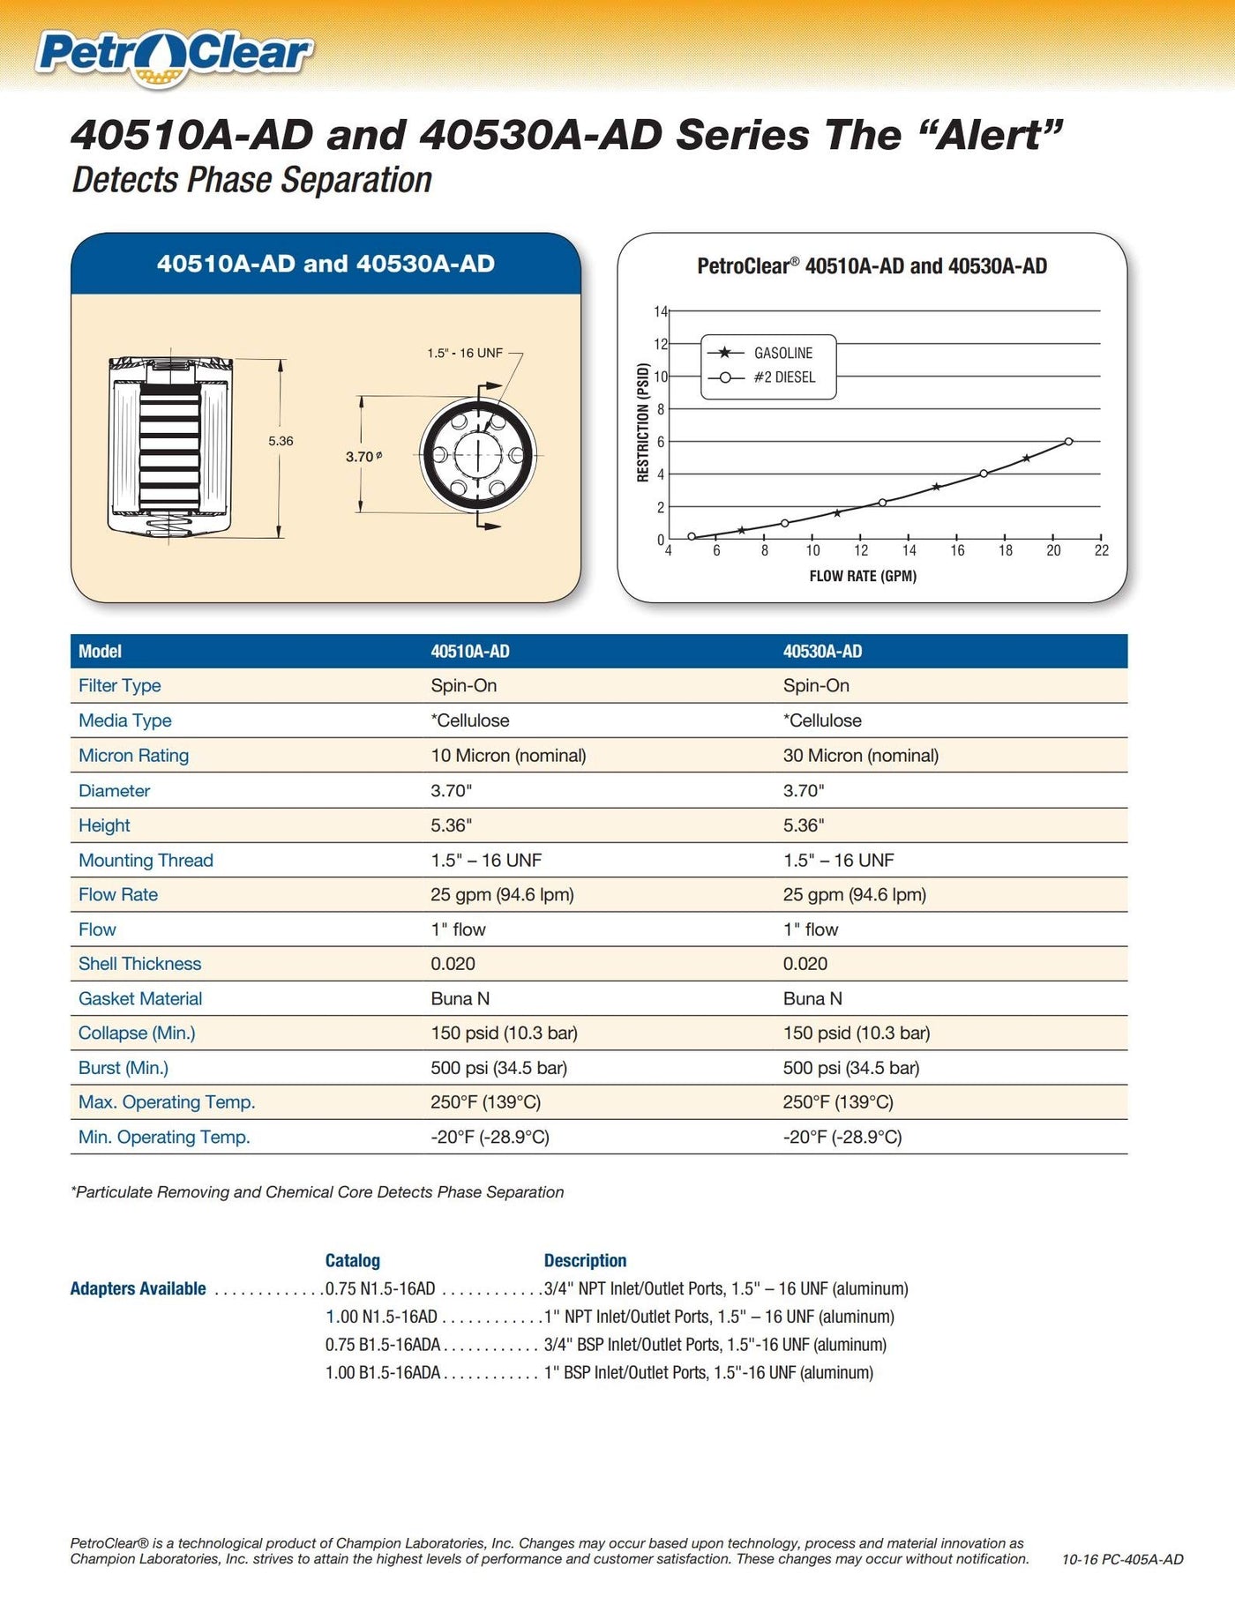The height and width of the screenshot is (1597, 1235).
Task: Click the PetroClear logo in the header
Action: coord(174,56)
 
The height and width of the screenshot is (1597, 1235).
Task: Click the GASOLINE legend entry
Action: coord(782,353)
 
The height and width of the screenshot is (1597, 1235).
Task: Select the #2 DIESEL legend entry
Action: coord(784,377)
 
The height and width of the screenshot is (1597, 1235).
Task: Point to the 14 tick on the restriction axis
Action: coord(661,311)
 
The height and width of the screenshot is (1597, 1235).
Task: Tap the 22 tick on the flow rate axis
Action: coord(1101,550)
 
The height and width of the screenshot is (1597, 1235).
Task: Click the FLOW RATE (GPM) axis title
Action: coord(863,576)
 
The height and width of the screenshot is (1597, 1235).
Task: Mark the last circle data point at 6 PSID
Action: coord(1068,441)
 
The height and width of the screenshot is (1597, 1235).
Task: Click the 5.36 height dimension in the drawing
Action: coord(281,441)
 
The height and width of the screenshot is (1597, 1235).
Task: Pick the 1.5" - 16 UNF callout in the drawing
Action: coord(465,353)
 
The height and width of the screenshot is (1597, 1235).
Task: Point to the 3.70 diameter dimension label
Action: coord(363,457)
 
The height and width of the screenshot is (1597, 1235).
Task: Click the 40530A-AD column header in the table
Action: coord(822,652)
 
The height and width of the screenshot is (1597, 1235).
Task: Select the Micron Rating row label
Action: coord(133,756)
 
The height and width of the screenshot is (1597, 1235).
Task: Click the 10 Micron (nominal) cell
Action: coord(508,756)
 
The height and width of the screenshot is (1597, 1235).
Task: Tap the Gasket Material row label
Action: coord(140,998)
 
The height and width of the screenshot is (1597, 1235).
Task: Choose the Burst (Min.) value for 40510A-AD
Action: coord(498,1068)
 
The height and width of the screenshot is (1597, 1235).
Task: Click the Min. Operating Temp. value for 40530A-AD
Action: coord(842,1137)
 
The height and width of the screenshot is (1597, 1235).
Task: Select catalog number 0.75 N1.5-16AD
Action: coord(380,1288)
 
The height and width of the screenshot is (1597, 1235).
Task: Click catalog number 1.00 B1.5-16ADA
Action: coord(383,1372)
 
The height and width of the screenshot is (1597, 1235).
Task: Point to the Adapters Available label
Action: coord(138,1288)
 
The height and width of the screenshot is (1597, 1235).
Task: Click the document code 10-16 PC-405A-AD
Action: coord(1122,1559)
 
